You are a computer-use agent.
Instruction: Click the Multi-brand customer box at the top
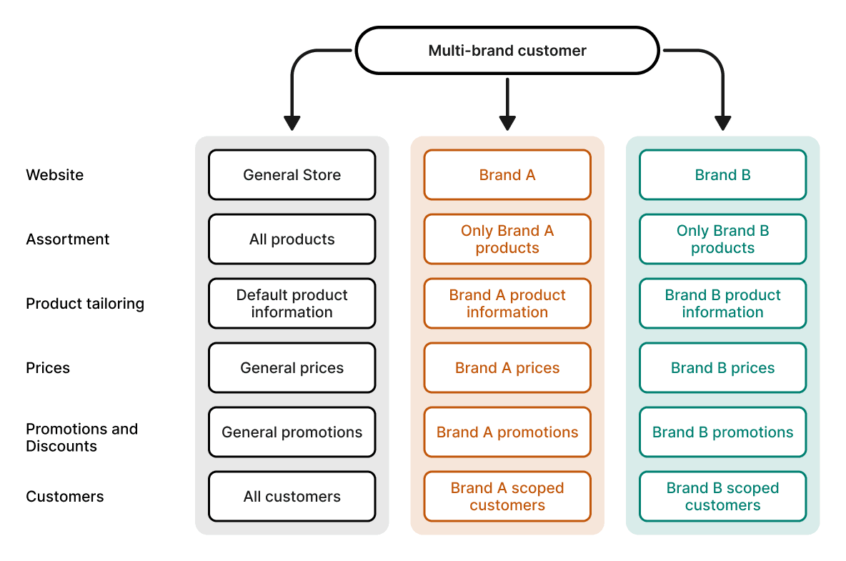coord(507,51)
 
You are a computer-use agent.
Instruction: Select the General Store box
coord(292,175)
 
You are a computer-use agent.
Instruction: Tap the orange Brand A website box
coord(507,175)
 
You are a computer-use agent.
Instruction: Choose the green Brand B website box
coord(722,175)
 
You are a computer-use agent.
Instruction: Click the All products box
coord(292,239)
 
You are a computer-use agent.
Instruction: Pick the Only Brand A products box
coord(507,239)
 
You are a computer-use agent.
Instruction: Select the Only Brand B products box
coord(722,239)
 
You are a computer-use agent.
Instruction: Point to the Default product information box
coord(292,304)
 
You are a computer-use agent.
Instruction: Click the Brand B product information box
coord(722,304)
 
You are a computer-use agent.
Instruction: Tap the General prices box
coord(292,368)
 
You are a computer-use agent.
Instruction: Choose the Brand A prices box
coord(507,368)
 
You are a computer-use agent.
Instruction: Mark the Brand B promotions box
coord(722,432)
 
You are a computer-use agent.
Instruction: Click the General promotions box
coord(292,432)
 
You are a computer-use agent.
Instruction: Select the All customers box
coord(292,497)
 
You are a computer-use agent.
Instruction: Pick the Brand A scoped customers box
coord(507,497)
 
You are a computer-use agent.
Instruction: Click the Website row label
coord(54,175)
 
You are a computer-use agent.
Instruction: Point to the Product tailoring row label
coord(85,304)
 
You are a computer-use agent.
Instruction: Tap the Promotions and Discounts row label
coord(81,437)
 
